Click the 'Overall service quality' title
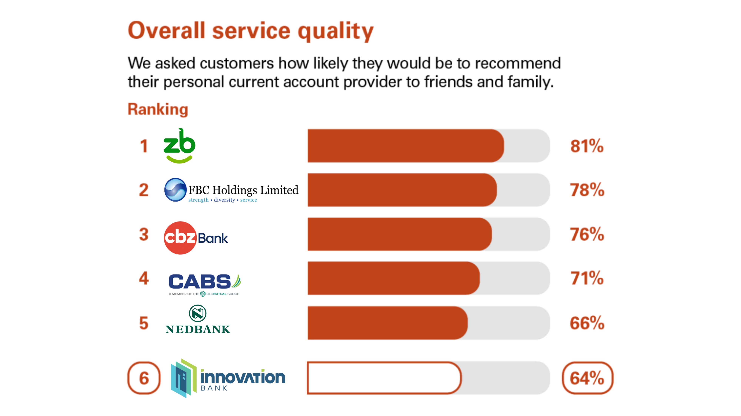tap(250, 31)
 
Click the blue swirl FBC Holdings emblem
tap(175, 190)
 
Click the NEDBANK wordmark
tap(198, 329)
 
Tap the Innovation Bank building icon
tap(184, 378)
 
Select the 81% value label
tap(587, 146)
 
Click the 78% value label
tap(587, 190)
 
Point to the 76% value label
tap(587, 234)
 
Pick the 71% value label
tap(587, 278)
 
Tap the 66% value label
tap(587, 323)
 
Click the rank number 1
tap(144, 146)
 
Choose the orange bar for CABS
tap(393, 278)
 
